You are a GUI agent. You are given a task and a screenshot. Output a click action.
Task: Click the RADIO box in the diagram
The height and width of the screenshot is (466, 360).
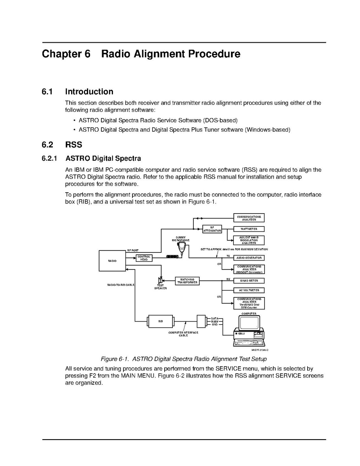click(112, 261)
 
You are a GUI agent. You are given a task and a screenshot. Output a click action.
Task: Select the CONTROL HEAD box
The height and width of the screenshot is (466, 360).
click(144, 258)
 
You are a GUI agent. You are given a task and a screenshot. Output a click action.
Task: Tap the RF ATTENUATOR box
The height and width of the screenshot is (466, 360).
click(212, 229)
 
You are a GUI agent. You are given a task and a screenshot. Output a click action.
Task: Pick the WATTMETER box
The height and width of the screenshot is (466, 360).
click(249, 229)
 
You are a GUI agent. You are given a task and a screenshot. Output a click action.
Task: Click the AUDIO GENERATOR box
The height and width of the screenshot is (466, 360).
click(249, 258)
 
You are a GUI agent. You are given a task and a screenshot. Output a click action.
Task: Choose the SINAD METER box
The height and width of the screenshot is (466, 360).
click(249, 280)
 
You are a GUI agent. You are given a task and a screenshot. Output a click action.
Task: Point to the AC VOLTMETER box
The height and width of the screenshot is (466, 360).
click(249, 290)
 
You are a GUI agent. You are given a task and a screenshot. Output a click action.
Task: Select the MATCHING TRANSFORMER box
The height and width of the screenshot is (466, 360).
click(187, 281)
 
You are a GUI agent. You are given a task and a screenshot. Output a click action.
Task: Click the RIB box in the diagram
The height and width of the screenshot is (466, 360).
click(160, 322)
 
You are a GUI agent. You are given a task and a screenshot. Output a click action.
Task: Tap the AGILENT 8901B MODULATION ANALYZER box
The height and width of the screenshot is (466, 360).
click(249, 240)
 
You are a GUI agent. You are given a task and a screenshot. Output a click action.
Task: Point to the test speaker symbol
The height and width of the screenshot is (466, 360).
click(160, 280)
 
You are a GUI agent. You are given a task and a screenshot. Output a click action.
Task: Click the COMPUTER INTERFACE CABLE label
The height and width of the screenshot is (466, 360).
click(183, 334)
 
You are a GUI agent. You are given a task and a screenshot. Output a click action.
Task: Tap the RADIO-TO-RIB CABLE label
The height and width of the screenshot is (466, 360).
click(121, 285)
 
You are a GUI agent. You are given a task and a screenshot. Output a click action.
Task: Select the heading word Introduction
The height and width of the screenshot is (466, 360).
click(89, 92)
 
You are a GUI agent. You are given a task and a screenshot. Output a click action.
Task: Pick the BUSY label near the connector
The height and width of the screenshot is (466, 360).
click(214, 322)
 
